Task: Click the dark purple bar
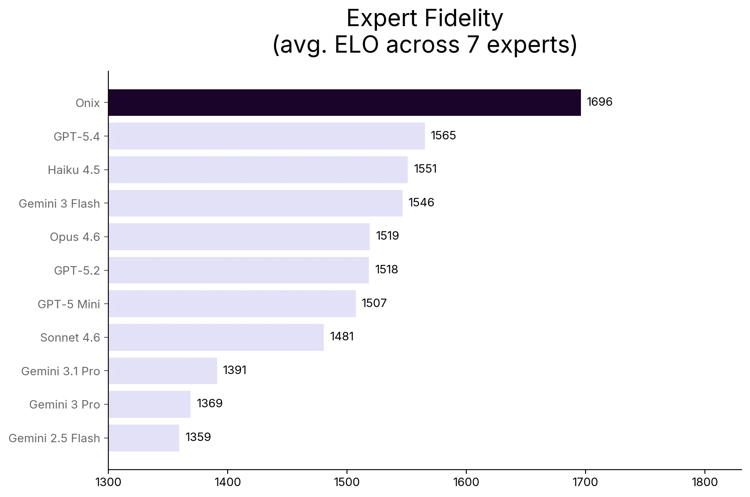(x=346, y=103)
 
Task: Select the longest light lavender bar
(x=267, y=136)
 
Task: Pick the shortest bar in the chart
(x=145, y=438)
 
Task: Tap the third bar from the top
(x=258, y=170)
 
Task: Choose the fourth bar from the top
(x=257, y=204)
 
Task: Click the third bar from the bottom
(x=164, y=371)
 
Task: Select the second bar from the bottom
(x=151, y=404)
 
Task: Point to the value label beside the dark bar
(x=600, y=102)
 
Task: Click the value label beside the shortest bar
(x=199, y=436)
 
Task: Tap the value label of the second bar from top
(x=443, y=136)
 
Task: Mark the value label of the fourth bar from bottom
(x=342, y=336)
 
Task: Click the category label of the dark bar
(x=88, y=103)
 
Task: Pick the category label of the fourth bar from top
(x=59, y=204)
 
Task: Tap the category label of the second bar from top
(x=78, y=136)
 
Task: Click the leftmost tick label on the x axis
(x=109, y=482)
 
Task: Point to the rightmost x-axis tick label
(x=704, y=482)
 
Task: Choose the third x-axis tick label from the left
(x=347, y=482)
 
